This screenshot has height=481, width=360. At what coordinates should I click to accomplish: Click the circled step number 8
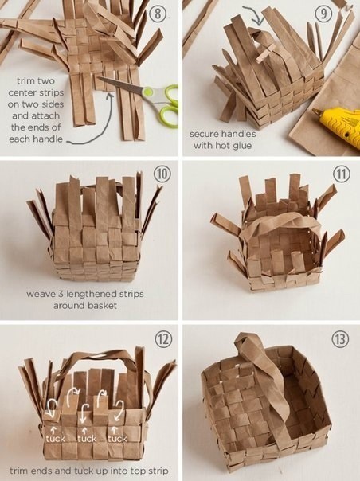158,14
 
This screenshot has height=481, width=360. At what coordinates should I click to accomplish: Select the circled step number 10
162,174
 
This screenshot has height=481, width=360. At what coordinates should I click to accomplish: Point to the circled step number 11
341,174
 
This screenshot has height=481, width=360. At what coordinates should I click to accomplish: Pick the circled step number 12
162,339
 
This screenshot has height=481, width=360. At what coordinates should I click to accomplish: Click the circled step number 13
340,339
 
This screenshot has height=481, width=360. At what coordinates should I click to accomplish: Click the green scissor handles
162,105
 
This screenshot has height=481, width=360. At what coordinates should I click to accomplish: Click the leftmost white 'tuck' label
56,439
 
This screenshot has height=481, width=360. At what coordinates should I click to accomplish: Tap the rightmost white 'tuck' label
118,439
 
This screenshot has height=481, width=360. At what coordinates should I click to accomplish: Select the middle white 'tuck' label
87,439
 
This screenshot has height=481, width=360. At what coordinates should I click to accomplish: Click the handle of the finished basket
266,386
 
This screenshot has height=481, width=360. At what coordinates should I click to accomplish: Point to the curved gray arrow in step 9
253,14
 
